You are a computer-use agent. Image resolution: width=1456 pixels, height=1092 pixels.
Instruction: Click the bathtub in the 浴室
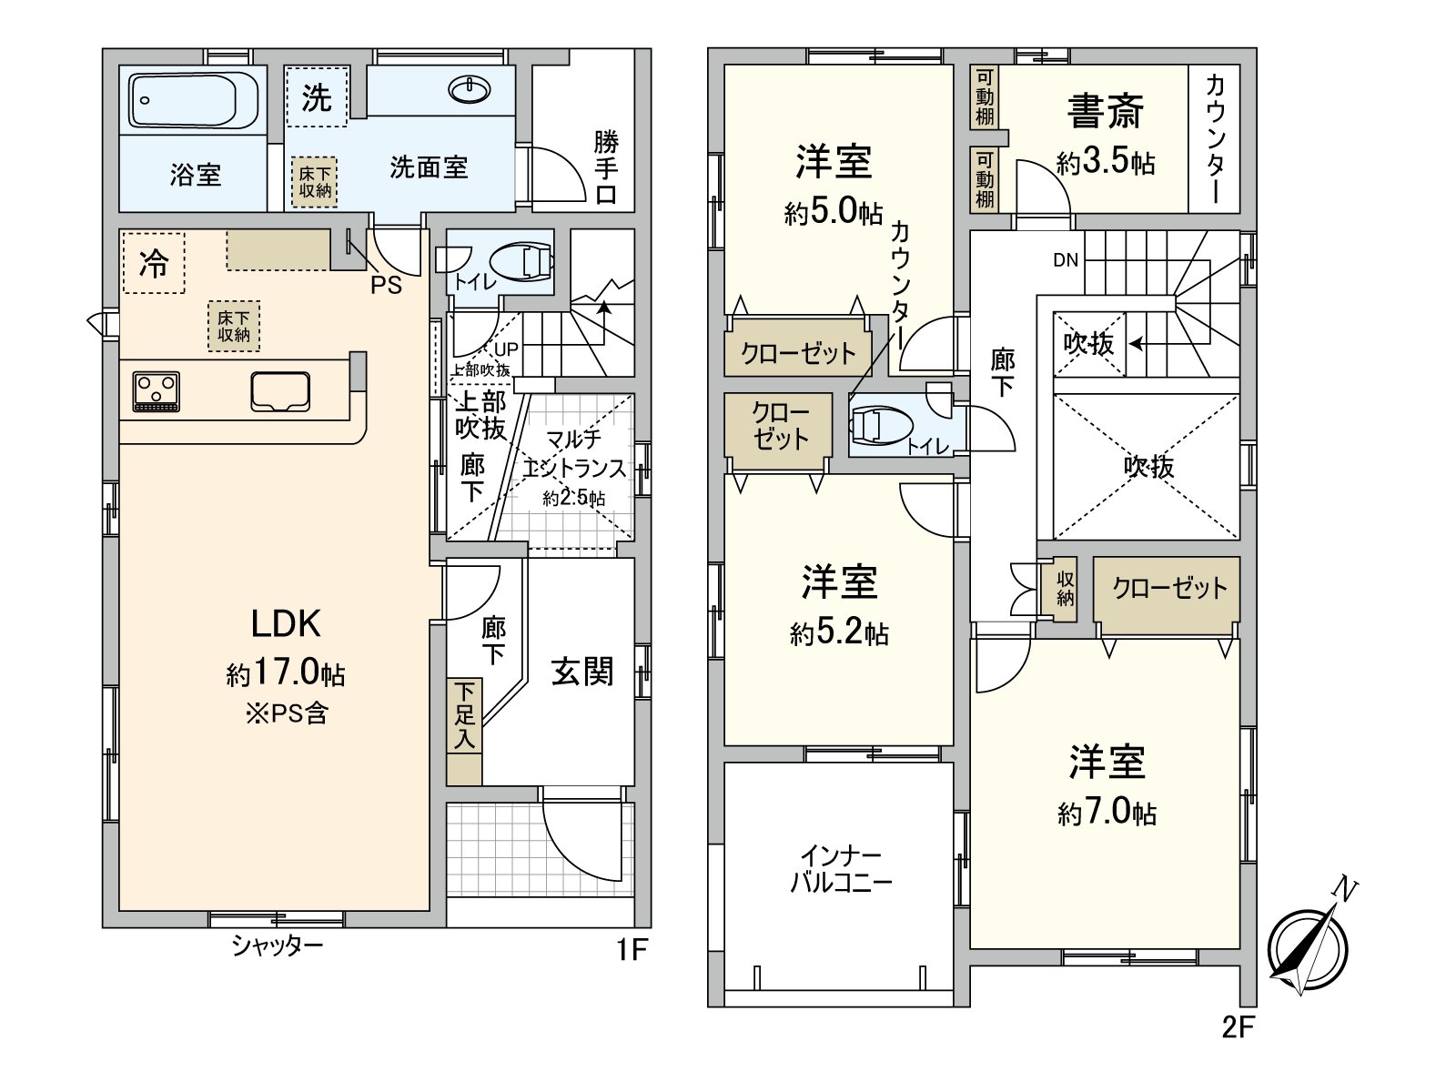[194, 101]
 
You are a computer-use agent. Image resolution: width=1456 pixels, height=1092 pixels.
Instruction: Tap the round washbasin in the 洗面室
[470, 89]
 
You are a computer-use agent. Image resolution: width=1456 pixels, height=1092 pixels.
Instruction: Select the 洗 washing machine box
[317, 96]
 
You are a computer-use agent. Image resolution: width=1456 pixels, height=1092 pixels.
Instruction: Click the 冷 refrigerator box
[153, 263]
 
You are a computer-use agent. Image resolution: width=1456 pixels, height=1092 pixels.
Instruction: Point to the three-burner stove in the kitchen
[157, 391]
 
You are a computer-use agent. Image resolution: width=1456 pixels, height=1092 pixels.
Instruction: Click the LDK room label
[286, 624]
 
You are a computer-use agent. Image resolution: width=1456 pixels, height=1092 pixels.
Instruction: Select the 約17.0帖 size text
[286, 674]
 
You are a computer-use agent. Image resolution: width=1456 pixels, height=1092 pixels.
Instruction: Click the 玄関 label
[582, 672]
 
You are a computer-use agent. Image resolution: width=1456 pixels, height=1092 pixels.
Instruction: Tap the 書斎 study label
[1106, 113]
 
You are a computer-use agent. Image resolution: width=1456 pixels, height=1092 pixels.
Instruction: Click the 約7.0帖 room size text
[1107, 813]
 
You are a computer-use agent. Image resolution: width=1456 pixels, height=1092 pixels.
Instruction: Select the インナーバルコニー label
[840, 869]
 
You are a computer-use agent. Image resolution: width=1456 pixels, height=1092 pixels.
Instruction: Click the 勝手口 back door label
[606, 168]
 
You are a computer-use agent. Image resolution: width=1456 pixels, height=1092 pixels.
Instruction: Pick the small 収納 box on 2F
[1066, 589]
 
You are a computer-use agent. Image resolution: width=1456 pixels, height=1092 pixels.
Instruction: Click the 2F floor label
[1237, 1028]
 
